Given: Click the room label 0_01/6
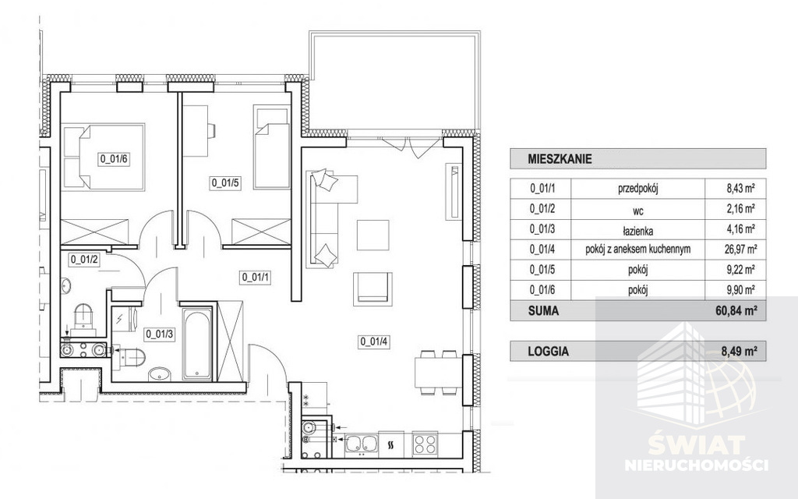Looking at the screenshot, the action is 114,159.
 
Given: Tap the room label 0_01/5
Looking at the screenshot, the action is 225,182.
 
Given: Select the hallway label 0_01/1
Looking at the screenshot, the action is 256,278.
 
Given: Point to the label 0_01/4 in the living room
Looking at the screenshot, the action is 375,342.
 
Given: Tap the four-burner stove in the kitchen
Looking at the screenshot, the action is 425,443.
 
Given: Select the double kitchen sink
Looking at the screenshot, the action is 360,443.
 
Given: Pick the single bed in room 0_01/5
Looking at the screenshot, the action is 272,147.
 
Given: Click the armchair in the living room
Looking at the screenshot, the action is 373,288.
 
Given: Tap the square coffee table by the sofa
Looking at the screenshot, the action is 373,235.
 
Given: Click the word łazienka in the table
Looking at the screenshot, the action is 638,230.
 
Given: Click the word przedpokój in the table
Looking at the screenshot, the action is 638,189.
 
